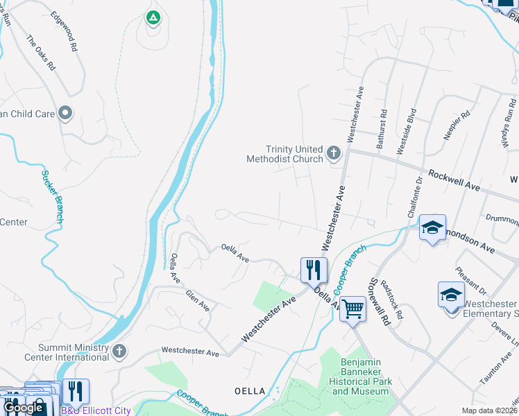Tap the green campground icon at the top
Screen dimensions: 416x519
[x=153, y=17]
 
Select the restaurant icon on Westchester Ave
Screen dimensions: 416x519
[x=314, y=269]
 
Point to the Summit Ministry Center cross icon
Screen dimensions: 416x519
[x=119, y=352]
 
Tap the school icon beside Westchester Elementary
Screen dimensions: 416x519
[x=451, y=295]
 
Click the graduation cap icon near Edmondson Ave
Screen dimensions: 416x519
[x=432, y=227]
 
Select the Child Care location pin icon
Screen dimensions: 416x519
[x=65, y=112]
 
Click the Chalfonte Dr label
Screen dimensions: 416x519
[x=419, y=198]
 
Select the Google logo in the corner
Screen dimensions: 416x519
[x=23, y=408]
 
